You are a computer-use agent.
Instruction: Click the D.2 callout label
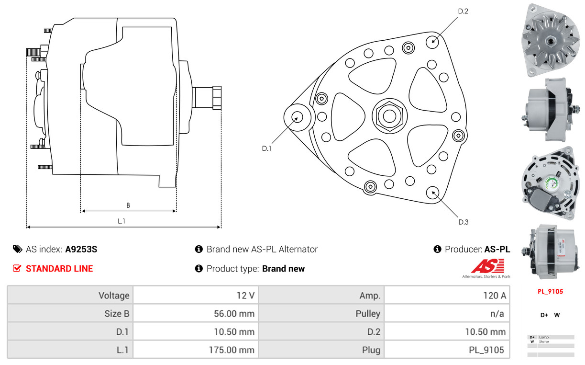coord(463,11)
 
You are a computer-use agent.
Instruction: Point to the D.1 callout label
coord(266,148)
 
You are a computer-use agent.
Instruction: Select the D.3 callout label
coord(463,222)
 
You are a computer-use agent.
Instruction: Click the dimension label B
coord(128,205)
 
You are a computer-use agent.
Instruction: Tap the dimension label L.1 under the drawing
coord(121,221)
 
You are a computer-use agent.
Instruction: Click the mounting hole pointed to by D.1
coord(298,117)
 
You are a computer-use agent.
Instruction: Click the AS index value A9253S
coord(81,249)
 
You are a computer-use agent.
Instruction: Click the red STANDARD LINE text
coord(59,269)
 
